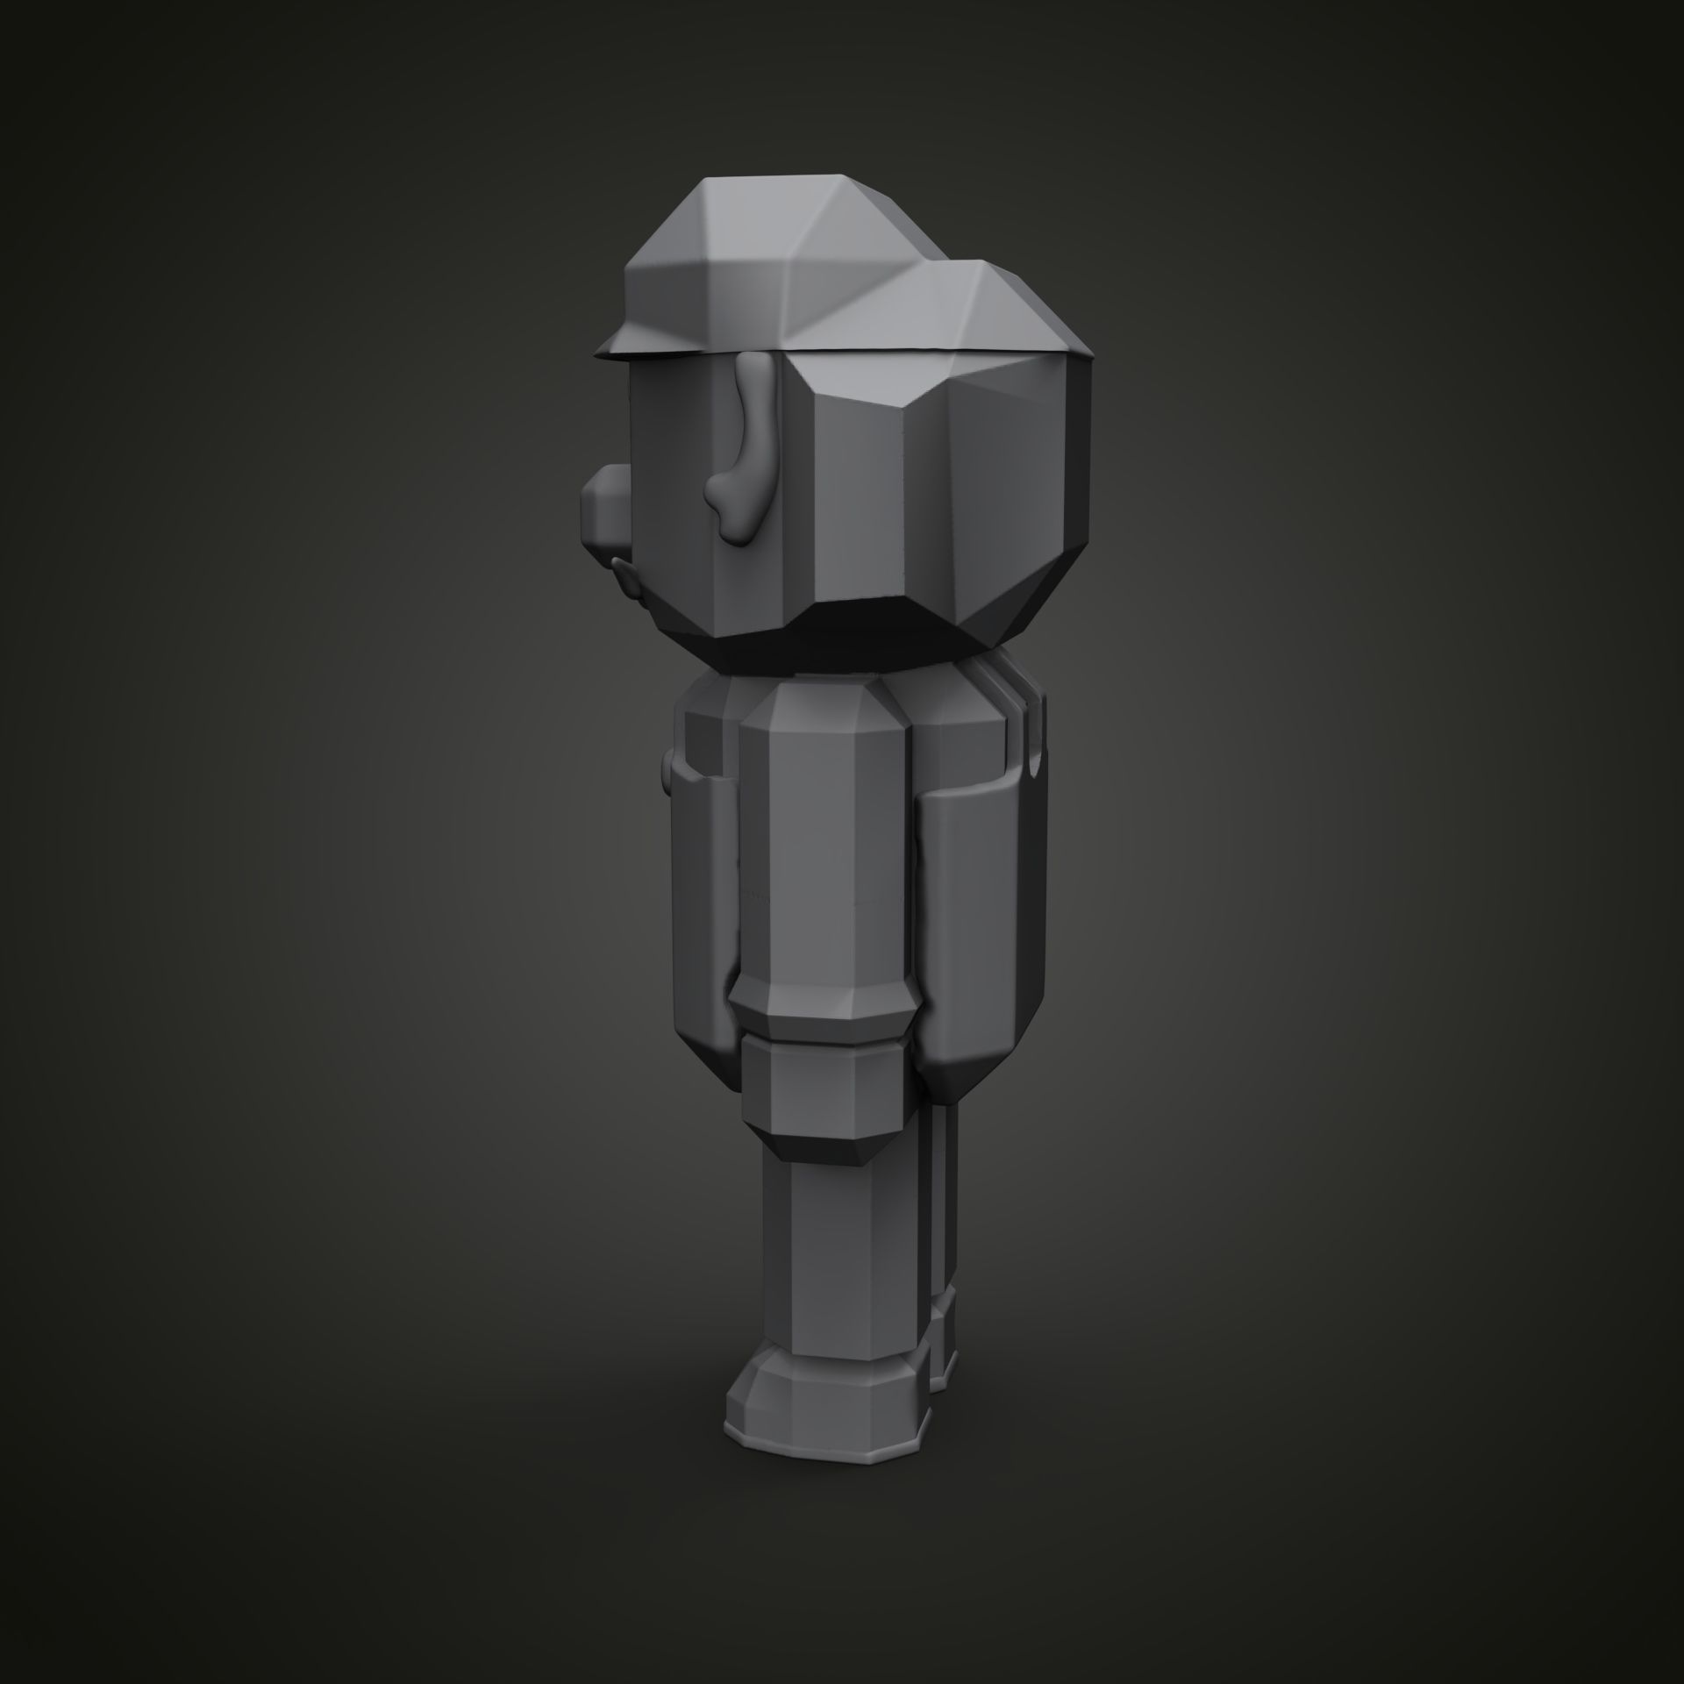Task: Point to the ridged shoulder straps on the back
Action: pyautogui.click(x=1017, y=728)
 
